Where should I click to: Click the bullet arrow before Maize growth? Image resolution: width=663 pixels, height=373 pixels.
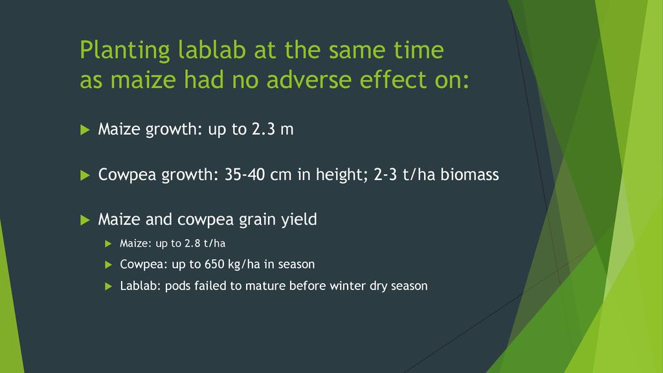(x=85, y=130)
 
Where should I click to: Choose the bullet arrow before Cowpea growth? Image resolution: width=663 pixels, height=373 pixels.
(x=85, y=175)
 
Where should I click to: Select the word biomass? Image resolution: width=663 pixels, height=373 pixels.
(x=470, y=175)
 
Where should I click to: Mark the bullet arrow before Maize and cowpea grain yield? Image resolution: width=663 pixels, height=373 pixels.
(x=85, y=220)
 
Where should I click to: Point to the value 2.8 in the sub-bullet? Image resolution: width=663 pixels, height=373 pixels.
(x=192, y=243)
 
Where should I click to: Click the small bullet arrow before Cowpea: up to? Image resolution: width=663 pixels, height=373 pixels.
(x=108, y=265)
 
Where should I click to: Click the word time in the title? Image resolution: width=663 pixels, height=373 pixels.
(x=419, y=49)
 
